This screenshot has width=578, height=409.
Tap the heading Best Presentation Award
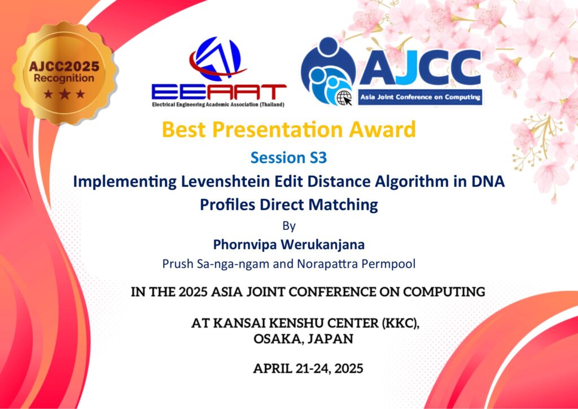coord(288,129)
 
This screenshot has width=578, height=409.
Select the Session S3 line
coord(288,158)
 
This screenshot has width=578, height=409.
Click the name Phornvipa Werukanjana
coord(289,245)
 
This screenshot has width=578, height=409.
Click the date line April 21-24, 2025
coord(308,368)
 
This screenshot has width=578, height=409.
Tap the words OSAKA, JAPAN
coord(303,338)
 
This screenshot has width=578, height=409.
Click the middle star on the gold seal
coord(64,94)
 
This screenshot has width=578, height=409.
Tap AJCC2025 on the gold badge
coord(64,67)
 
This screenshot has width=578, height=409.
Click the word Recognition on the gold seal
coord(64,79)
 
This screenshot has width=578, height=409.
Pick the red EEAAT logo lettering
coord(219,92)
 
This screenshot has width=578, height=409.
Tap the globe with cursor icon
coord(344,98)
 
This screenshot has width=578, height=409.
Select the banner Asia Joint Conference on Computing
coord(420,97)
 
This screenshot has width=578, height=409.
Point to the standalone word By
coord(289,226)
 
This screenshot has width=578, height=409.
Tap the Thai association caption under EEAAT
coord(218,105)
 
